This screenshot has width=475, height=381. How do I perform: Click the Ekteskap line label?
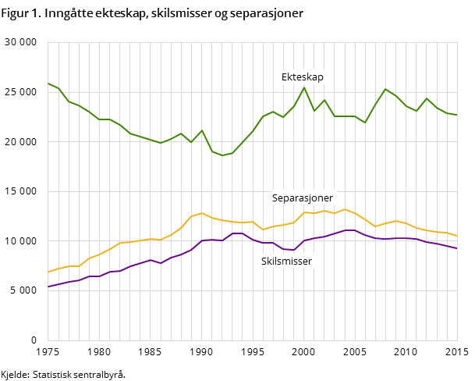(x=303, y=77)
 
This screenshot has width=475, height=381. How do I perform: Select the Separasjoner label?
(x=303, y=198)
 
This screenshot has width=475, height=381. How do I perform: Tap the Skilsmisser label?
(x=286, y=262)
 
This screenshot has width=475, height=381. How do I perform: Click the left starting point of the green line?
(x=48, y=83)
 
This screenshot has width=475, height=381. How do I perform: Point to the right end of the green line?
(x=457, y=115)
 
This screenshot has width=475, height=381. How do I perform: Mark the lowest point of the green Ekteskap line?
(x=222, y=155)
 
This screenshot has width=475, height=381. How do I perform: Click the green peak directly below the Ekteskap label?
(x=304, y=87)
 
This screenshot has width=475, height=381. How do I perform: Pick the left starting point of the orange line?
(x=48, y=272)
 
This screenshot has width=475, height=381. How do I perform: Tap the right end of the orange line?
(x=457, y=236)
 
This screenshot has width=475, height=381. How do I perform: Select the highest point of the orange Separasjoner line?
(x=345, y=209)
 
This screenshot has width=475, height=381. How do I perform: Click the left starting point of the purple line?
(x=48, y=287)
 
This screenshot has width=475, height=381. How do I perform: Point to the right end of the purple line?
(x=457, y=248)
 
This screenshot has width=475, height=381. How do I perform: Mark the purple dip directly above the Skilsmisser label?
(x=293, y=250)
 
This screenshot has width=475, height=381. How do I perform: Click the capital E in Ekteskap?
(x=285, y=77)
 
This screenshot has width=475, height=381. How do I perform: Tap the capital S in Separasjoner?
(x=275, y=198)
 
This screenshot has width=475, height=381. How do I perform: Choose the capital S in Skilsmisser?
(x=264, y=262)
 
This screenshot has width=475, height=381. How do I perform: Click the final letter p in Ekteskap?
(x=321, y=78)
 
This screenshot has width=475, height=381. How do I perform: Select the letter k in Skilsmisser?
(x=270, y=262)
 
